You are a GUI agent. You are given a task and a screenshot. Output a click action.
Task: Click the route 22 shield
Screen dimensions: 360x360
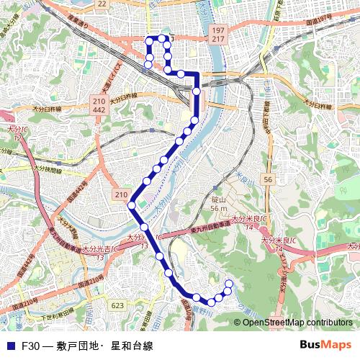pyautogui.click(x=102, y=4)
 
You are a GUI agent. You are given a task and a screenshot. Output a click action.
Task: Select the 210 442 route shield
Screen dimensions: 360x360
pyautogui.click(x=99, y=105)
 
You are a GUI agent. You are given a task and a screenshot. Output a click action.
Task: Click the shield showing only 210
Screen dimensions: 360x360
pyautogui.click(x=120, y=195)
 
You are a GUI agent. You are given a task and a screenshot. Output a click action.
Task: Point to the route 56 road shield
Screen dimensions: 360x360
pyautogui.click(x=267, y=179)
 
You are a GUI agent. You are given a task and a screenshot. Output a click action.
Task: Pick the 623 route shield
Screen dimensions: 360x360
pyautogui.click(x=117, y=305)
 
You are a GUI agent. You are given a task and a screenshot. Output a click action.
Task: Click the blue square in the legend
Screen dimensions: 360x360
pyautogui.click(x=9, y=346)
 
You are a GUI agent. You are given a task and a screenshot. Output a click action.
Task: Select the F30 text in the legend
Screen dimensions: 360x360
pyautogui.click(x=30, y=346)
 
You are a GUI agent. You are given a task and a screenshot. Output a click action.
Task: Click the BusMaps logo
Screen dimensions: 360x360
pyautogui.click(x=325, y=345)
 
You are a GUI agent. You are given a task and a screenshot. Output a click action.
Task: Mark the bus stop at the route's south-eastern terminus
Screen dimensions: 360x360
pyautogui.click(x=229, y=283)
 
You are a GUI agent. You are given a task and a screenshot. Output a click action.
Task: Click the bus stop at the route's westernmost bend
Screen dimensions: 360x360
pyautogui.click(x=131, y=206)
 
